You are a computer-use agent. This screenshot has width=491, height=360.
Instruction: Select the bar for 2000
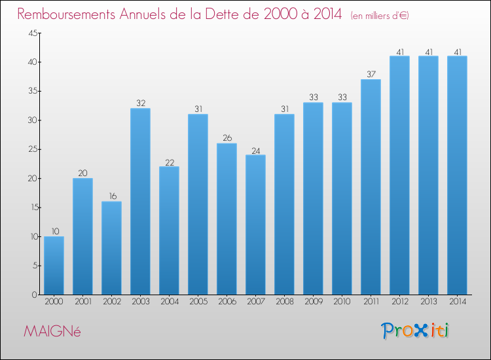pyautogui.click(x=54, y=266)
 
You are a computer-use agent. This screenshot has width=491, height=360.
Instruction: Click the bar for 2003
pyautogui.click(x=140, y=202)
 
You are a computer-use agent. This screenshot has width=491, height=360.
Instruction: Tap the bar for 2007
pyautogui.click(x=255, y=225)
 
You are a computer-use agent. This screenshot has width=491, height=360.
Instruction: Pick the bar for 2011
pyautogui.click(x=371, y=187)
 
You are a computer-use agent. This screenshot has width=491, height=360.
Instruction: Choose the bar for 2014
pyautogui.click(x=457, y=175)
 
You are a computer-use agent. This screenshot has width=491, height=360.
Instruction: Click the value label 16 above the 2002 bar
pyautogui.click(x=113, y=196)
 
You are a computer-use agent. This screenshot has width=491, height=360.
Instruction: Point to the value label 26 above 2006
pyautogui.click(x=227, y=137)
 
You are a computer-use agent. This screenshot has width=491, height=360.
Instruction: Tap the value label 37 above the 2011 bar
pyautogui.click(x=371, y=74)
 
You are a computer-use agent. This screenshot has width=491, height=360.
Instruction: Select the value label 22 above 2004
pyautogui.click(x=170, y=162)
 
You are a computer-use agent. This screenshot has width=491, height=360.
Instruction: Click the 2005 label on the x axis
pyautogui.click(x=198, y=301)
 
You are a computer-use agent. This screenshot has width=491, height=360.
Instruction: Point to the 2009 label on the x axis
pyautogui.click(x=314, y=301)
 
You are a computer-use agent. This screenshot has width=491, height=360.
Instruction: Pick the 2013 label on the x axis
pyautogui.click(x=429, y=301)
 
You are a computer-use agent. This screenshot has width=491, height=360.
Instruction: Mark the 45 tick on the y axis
pyautogui.click(x=33, y=33)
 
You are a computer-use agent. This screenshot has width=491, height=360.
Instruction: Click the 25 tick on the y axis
pyautogui.click(x=33, y=149)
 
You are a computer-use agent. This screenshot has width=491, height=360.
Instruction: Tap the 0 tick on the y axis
pyautogui.click(x=35, y=295)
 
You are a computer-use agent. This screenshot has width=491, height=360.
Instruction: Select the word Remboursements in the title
pyautogui.click(x=66, y=14)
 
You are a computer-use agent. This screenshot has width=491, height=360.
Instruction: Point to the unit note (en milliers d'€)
pyautogui.click(x=380, y=16)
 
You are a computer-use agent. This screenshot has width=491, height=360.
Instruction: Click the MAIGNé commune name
pyautogui.click(x=52, y=331)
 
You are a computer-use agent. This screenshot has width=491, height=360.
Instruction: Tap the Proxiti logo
pyautogui.click(x=415, y=331)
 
